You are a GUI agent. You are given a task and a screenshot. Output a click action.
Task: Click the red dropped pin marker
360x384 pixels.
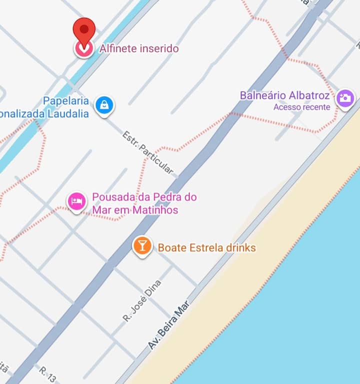point(83,31)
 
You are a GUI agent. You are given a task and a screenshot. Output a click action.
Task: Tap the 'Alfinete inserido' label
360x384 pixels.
point(138,48)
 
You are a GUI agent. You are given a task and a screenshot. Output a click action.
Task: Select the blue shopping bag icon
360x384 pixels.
point(104,105)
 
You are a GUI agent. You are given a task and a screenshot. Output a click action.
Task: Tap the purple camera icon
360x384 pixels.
point(345,98)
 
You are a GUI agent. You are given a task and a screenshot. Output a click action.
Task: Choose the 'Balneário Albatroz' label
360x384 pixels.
point(284,95)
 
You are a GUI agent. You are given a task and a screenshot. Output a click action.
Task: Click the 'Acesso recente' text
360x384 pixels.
point(301,107)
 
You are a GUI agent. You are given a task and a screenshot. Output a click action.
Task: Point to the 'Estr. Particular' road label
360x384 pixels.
point(148,152)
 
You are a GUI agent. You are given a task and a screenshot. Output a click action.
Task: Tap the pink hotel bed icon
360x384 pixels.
point(77,201)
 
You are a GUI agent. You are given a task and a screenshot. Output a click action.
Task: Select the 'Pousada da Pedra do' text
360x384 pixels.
point(144,197)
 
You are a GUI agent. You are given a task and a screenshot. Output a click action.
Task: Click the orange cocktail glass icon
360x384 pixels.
point(142,245)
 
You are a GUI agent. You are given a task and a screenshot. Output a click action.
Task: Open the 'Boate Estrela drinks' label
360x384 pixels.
point(206,248)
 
